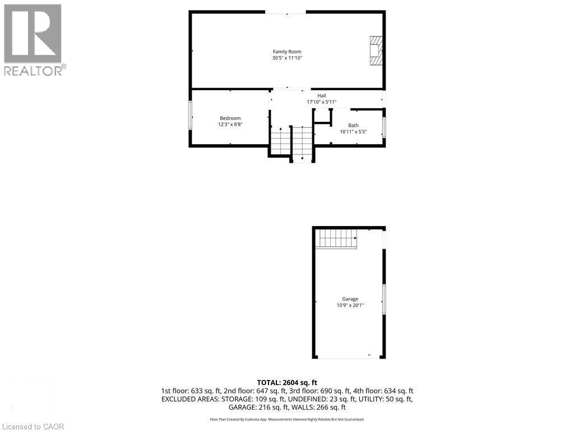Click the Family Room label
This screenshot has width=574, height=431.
[287, 52]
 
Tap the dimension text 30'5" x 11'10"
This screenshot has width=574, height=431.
[287, 58]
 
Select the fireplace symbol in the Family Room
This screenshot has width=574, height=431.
[376, 51]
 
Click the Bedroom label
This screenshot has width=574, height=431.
[230, 118]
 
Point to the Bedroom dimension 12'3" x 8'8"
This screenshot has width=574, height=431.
[230, 125]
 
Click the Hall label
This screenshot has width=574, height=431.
[322, 95]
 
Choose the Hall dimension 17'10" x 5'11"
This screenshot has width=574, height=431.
[322, 102]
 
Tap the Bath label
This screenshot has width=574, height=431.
[353, 125]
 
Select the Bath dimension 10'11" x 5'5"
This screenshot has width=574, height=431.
[353, 132]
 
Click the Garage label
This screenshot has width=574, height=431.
[350, 299]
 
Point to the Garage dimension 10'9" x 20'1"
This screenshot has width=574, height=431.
[350, 306]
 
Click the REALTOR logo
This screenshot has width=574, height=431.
[33, 39]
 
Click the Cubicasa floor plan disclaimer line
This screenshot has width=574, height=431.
[287, 419]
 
